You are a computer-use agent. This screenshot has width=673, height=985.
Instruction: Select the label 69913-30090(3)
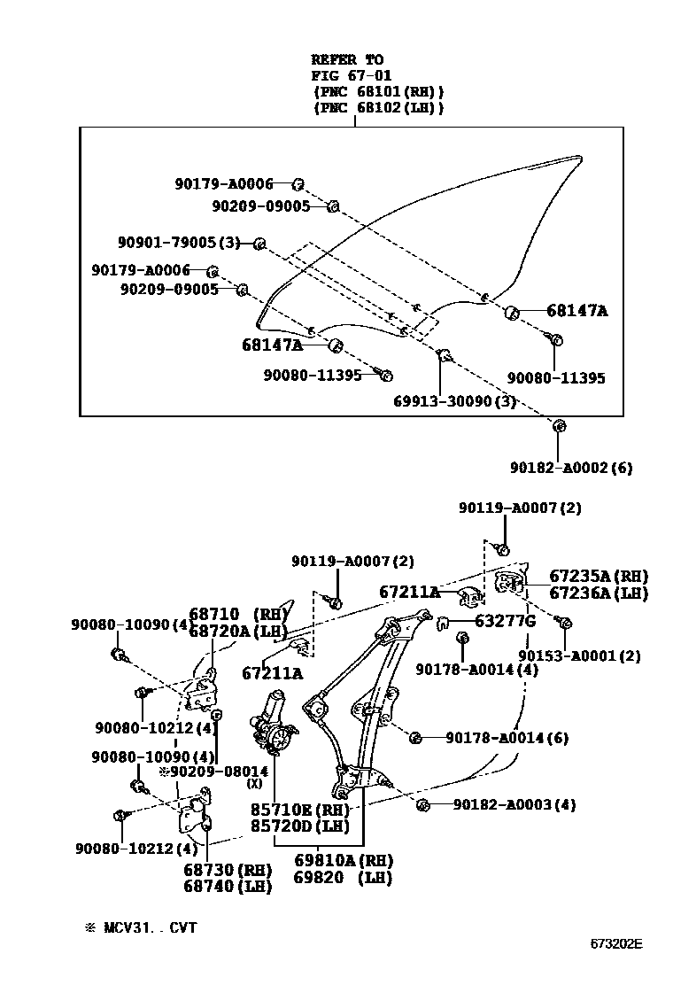tap(455, 400)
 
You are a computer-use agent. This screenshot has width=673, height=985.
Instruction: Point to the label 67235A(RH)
tap(599, 576)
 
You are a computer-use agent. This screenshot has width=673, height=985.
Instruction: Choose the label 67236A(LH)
tap(599, 593)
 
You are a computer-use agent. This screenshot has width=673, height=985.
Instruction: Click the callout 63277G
tap(505, 621)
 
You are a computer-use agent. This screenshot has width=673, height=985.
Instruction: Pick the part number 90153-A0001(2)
tap(579, 656)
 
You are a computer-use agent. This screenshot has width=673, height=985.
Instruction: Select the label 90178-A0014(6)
tap(507, 737)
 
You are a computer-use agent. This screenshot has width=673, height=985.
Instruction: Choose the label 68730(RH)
tap(227, 869)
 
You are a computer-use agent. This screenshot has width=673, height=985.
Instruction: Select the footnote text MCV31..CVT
tap(149, 927)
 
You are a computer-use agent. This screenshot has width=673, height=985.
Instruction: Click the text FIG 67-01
tap(351, 75)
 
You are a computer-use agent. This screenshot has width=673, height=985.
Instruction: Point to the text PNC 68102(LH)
tap(378, 107)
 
